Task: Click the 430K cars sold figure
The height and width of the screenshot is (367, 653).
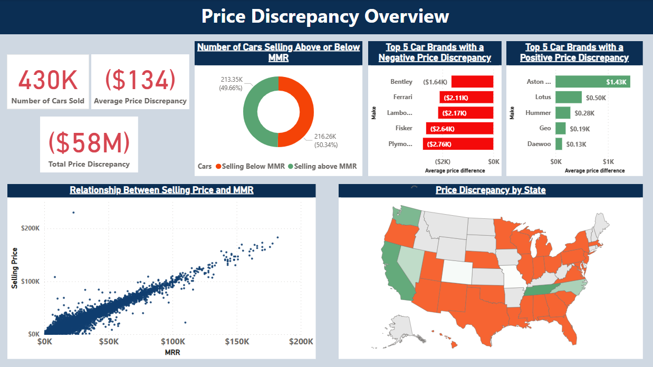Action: (48, 80)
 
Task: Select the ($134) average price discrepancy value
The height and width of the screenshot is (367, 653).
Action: (140, 80)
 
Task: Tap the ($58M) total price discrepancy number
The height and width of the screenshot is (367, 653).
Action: (89, 142)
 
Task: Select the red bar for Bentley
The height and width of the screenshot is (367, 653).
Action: (473, 82)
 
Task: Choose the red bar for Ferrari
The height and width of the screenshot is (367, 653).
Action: (466, 97)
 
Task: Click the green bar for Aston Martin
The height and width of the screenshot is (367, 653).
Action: (592, 82)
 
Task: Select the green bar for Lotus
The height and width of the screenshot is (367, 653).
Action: (568, 97)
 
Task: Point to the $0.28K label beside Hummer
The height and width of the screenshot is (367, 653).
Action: (584, 113)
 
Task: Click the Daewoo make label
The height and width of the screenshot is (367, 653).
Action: (539, 144)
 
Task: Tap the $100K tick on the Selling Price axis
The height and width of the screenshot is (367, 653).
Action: (30, 282)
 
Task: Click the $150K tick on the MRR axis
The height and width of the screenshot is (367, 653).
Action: (237, 342)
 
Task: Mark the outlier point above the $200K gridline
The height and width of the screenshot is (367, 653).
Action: (73, 213)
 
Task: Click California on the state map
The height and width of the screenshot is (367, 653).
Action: (392, 269)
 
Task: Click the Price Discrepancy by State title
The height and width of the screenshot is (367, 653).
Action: (491, 190)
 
